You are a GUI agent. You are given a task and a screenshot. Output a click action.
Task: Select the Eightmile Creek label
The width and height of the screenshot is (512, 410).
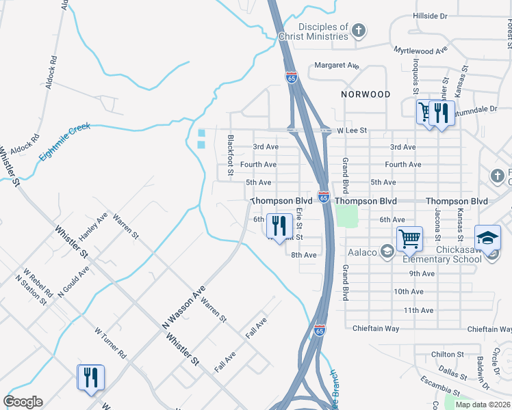[64, 141]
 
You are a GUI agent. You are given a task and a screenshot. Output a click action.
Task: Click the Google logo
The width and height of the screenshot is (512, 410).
[23, 402]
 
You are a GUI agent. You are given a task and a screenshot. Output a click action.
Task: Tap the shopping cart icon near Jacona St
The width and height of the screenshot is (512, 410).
[409, 239]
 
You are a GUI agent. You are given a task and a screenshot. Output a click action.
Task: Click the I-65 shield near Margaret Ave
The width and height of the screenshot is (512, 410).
[292, 77]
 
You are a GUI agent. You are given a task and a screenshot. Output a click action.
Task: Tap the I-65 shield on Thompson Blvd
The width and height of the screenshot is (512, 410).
[324, 197]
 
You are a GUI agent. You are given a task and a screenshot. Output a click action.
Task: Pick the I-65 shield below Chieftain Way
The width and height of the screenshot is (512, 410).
[320, 330]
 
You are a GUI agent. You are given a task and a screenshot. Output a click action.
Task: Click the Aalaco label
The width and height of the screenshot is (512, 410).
[363, 253]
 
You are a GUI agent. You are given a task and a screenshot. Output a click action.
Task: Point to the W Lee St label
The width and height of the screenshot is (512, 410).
[353, 130]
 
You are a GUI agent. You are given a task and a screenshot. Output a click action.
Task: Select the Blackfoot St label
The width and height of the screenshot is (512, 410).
[231, 155]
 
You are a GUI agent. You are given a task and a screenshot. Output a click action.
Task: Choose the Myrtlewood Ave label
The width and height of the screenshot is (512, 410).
[420, 50]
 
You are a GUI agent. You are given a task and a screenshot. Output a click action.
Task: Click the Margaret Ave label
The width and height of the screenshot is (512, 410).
[337, 66]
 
